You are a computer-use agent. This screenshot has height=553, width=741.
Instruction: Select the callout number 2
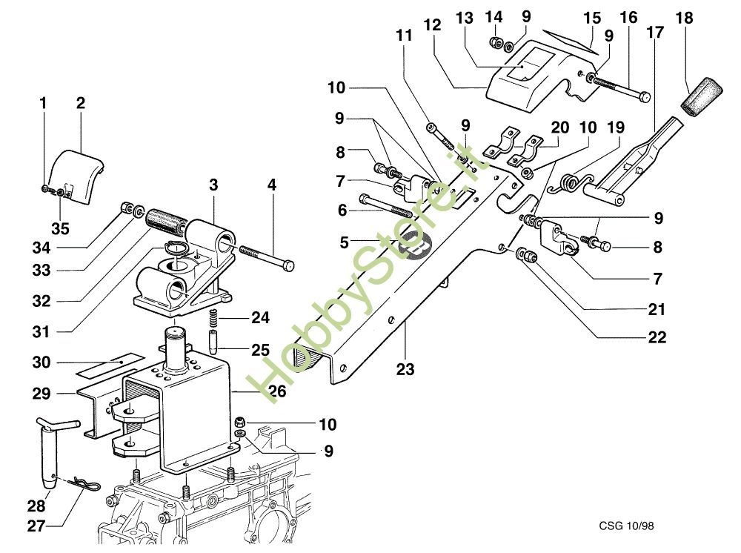pyautogui.click(x=80, y=103)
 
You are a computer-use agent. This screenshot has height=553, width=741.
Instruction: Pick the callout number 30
pyautogui.click(x=41, y=363)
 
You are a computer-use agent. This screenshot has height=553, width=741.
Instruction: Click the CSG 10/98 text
pyautogui.click(x=626, y=526)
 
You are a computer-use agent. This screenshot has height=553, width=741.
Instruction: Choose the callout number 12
pyautogui.click(x=433, y=25)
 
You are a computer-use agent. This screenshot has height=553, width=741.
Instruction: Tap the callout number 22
pyautogui.click(x=657, y=337)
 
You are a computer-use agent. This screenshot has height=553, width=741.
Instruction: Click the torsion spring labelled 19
pyautogui.click(x=571, y=181)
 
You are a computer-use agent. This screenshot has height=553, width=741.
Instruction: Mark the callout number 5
pyautogui.click(x=343, y=242)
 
